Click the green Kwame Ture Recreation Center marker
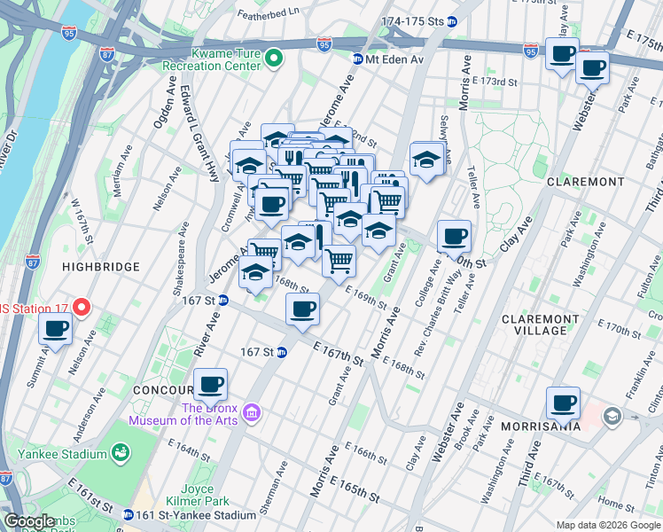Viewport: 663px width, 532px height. click(x=275, y=59)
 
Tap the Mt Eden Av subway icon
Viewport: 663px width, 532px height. click(x=357, y=59)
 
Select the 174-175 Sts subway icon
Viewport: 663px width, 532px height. click(x=452, y=21)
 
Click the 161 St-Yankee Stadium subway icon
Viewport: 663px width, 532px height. click(x=129, y=515)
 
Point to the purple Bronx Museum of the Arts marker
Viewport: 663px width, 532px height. click(x=251, y=413)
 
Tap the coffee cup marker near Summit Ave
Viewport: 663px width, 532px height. click(x=56, y=330)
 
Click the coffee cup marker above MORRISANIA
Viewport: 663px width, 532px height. click(x=563, y=403)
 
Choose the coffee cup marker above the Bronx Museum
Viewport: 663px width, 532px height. click(x=211, y=384)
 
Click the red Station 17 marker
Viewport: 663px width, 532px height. click(x=82, y=308)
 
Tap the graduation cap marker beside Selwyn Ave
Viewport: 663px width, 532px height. click(x=426, y=160)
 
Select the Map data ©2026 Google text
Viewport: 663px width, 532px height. click(x=609, y=525)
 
